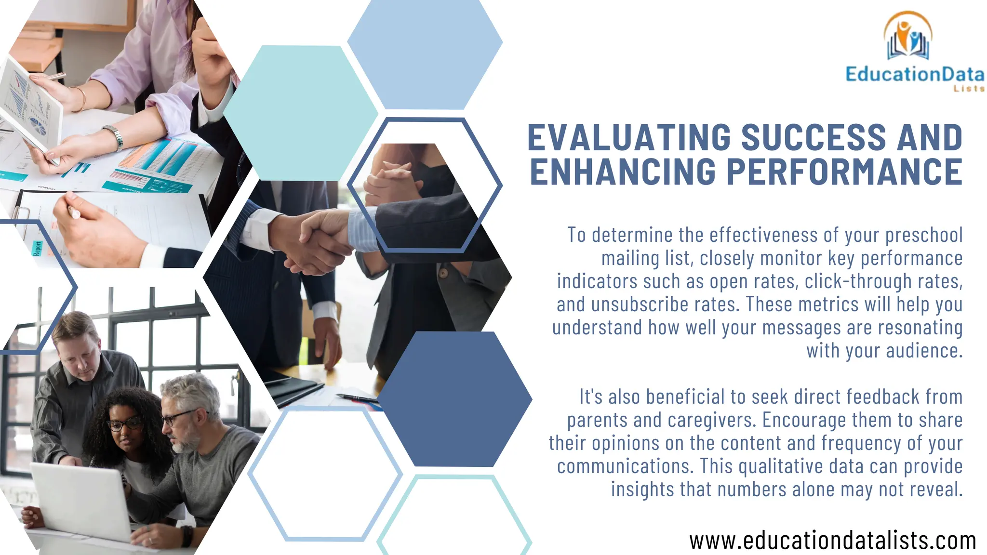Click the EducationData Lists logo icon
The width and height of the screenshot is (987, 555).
pyautogui.click(x=908, y=37)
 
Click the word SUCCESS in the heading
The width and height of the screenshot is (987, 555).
pyautogui.click(x=814, y=137)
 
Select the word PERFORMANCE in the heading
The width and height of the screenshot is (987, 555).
pyautogui.click(x=844, y=172)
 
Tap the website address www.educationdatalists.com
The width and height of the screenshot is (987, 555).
pyautogui.click(x=832, y=541)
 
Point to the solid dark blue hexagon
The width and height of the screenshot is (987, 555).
pyautogui.click(x=454, y=399)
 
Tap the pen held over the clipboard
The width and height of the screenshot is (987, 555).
pyautogui.click(x=73, y=212)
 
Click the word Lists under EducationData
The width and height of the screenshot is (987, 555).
pyautogui.click(x=969, y=89)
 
